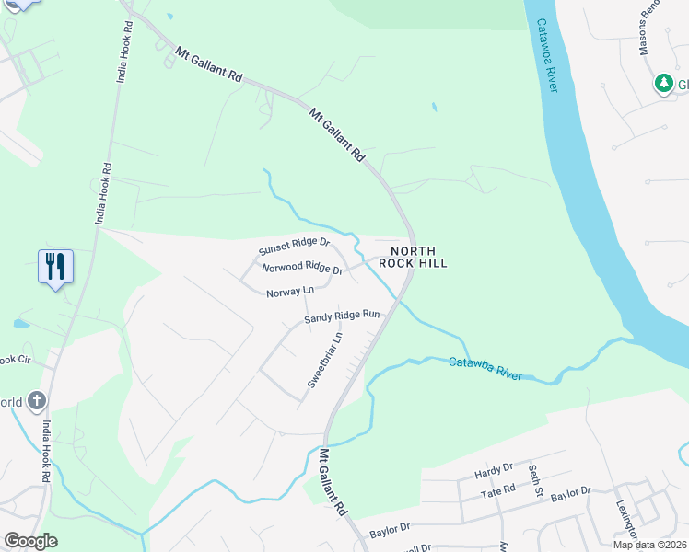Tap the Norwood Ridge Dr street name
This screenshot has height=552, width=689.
click(302, 270)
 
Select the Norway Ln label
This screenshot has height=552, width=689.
click(290, 293)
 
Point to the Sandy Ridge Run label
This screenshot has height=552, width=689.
click(343, 316)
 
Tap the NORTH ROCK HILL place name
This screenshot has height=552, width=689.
click(419, 257)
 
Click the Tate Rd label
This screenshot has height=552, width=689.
click(496, 495)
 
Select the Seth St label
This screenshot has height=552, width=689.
click(534, 479)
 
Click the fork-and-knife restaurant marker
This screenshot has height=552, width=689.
click(55, 267)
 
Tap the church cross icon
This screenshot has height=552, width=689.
click(36, 400)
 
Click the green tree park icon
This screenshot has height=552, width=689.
click(663, 84)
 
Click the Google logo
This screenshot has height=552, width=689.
click(30, 541)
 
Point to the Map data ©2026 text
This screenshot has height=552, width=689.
click(649, 545)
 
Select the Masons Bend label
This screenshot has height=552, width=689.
click(649, 28)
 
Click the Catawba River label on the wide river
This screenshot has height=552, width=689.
click(555, 56)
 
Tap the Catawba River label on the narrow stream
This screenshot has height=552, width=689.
click(485, 369)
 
